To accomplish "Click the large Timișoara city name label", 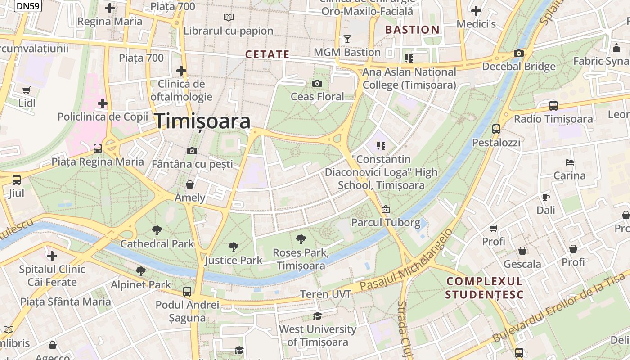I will coord(202,121).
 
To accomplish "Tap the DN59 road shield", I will coord(27,6).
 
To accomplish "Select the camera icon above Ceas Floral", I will coord(317,83).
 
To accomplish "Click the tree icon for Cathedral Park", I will coord(157,230).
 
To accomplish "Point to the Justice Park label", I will coord(233,260).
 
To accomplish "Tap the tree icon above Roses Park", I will coord(301,239).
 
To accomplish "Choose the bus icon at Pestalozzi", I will coord(496,129).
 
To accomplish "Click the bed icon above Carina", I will coord(569,162).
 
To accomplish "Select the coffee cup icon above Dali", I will coord(545,197).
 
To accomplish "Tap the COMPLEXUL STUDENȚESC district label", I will coord(484,288).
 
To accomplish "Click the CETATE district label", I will coord(267,54).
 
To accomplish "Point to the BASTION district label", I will coord(412,30).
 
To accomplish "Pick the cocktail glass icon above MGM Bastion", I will coord(347,39).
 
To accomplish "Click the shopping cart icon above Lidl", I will coord(27,90).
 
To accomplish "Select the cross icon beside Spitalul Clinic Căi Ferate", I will coord(52,256).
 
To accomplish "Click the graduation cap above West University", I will coord(317,316).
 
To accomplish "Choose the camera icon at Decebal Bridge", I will coord(518,54).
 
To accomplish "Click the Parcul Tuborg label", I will coord(386,222).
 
